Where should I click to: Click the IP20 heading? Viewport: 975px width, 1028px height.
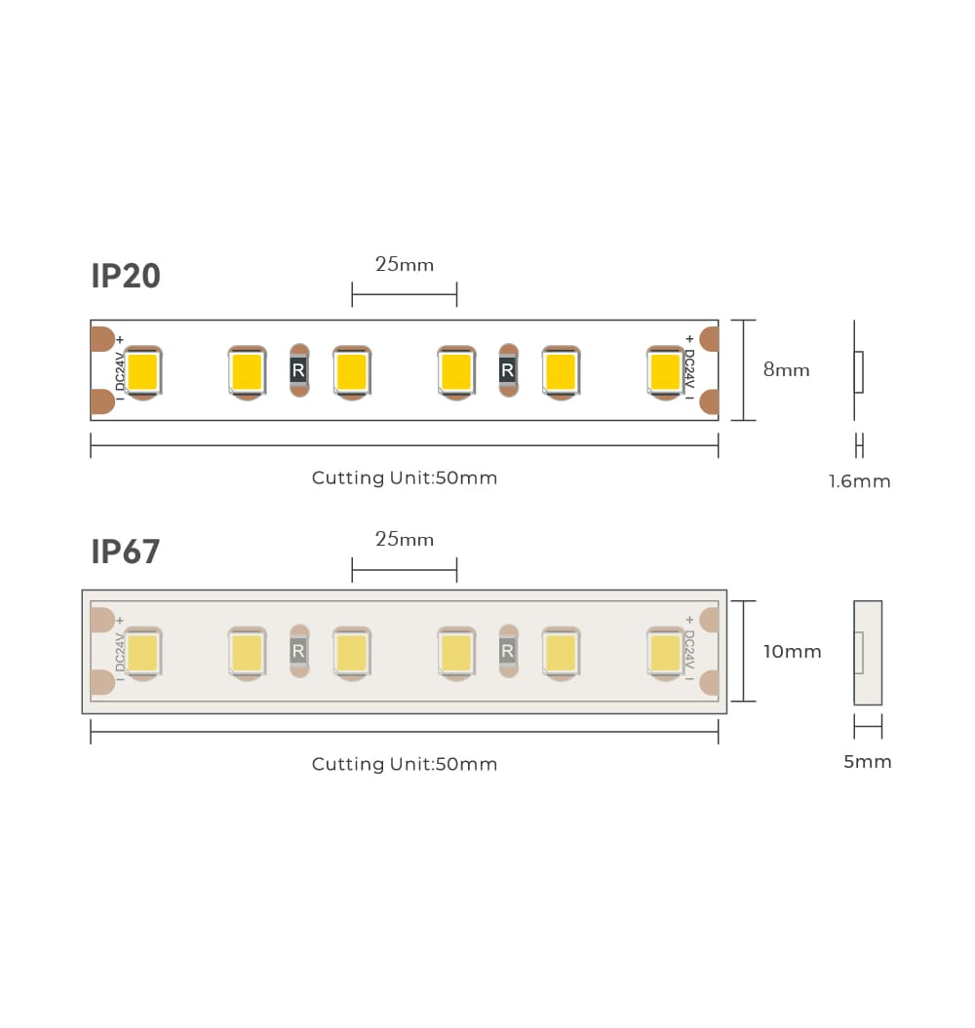click(x=126, y=276)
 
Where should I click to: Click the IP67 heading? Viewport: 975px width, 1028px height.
click(x=126, y=552)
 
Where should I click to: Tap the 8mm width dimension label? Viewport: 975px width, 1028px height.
click(x=786, y=369)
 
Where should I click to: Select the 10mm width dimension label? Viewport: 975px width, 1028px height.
click(x=792, y=651)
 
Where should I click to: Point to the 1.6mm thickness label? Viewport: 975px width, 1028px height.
click(x=859, y=481)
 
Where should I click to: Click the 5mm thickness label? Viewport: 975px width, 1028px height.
click(x=868, y=761)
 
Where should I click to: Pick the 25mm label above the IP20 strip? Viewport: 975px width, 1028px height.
click(x=405, y=264)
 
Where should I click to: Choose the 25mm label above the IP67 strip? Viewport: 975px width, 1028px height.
click(x=405, y=539)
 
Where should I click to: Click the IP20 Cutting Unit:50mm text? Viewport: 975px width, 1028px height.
click(x=405, y=477)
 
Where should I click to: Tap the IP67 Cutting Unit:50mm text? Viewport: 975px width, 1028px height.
click(x=405, y=764)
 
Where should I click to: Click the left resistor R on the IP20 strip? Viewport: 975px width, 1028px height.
click(x=298, y=370)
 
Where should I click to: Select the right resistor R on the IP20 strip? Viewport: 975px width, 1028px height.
click(x=507, y=370)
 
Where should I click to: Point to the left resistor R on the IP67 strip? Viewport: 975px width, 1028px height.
click(x=298, y=651)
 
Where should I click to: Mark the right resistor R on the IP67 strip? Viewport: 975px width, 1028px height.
click(x=507, y=651)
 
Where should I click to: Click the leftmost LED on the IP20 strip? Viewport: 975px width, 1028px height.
click(x=142, y=371)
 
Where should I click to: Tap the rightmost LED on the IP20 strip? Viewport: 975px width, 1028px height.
click(x=665, y=371)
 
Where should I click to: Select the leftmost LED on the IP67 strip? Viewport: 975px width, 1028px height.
click(x=142, y=653)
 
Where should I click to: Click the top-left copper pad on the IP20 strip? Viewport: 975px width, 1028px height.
click(x=102, y=338)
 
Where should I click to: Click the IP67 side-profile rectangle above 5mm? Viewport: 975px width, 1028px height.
click(x=868, y=653)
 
